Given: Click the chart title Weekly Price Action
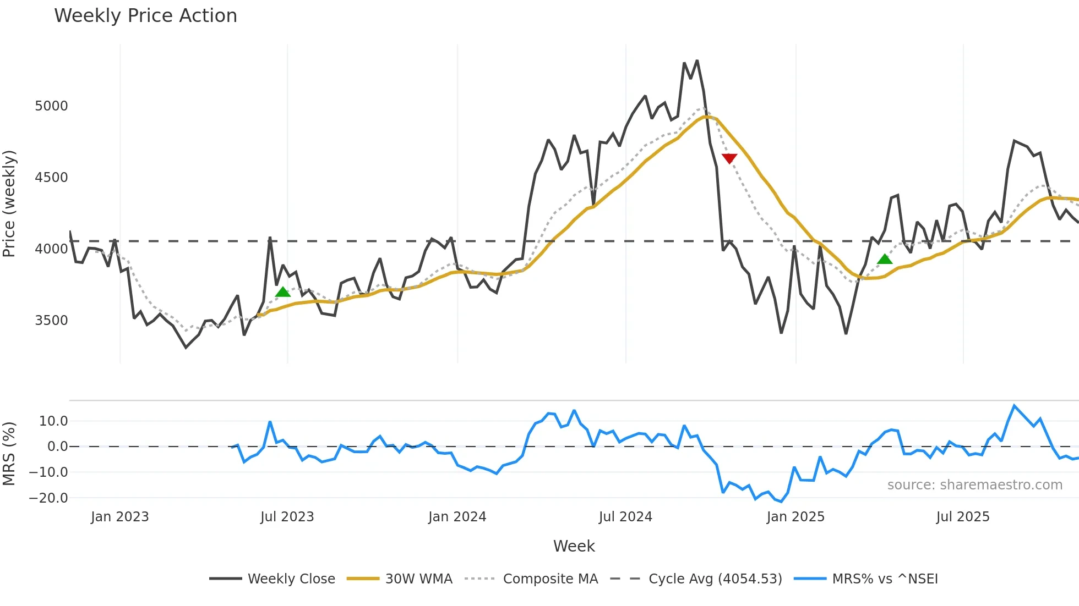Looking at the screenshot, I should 145,16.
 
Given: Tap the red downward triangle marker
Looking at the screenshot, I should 729,158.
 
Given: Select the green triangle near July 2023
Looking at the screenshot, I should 282,292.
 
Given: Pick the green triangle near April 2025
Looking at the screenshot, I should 885,259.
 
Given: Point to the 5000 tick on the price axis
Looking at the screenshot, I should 51,106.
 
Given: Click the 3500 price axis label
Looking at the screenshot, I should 51,321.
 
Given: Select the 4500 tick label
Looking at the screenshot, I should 51,178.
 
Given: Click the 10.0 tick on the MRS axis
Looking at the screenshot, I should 53,421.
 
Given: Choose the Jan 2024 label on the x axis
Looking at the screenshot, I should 457,517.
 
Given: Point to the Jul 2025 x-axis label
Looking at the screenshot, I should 962,517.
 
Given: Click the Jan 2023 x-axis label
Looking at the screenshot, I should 119,517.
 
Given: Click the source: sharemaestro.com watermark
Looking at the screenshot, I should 974,485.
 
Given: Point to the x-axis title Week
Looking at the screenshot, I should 574,546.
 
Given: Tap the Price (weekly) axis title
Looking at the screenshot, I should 9,203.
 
